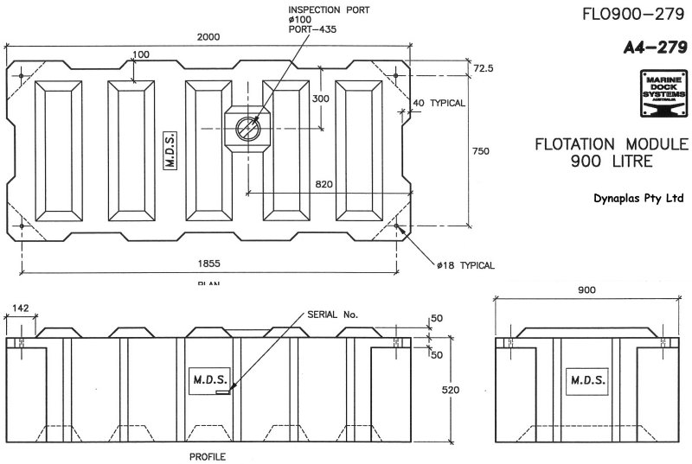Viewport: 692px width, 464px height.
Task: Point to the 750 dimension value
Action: tap(482, 151)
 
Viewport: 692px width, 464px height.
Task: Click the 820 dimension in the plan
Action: tap(324, 185)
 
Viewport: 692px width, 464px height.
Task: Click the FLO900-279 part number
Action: tap(638, 14)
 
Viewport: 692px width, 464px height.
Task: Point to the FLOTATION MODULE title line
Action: tap(611, 143)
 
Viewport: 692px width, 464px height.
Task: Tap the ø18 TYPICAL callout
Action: tap(466, 265)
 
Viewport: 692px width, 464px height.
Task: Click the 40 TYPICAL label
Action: tap(439, 103)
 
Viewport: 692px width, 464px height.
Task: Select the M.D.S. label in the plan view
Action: tap(170, 151)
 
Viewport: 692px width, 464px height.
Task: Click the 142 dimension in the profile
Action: tap(20, 307)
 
